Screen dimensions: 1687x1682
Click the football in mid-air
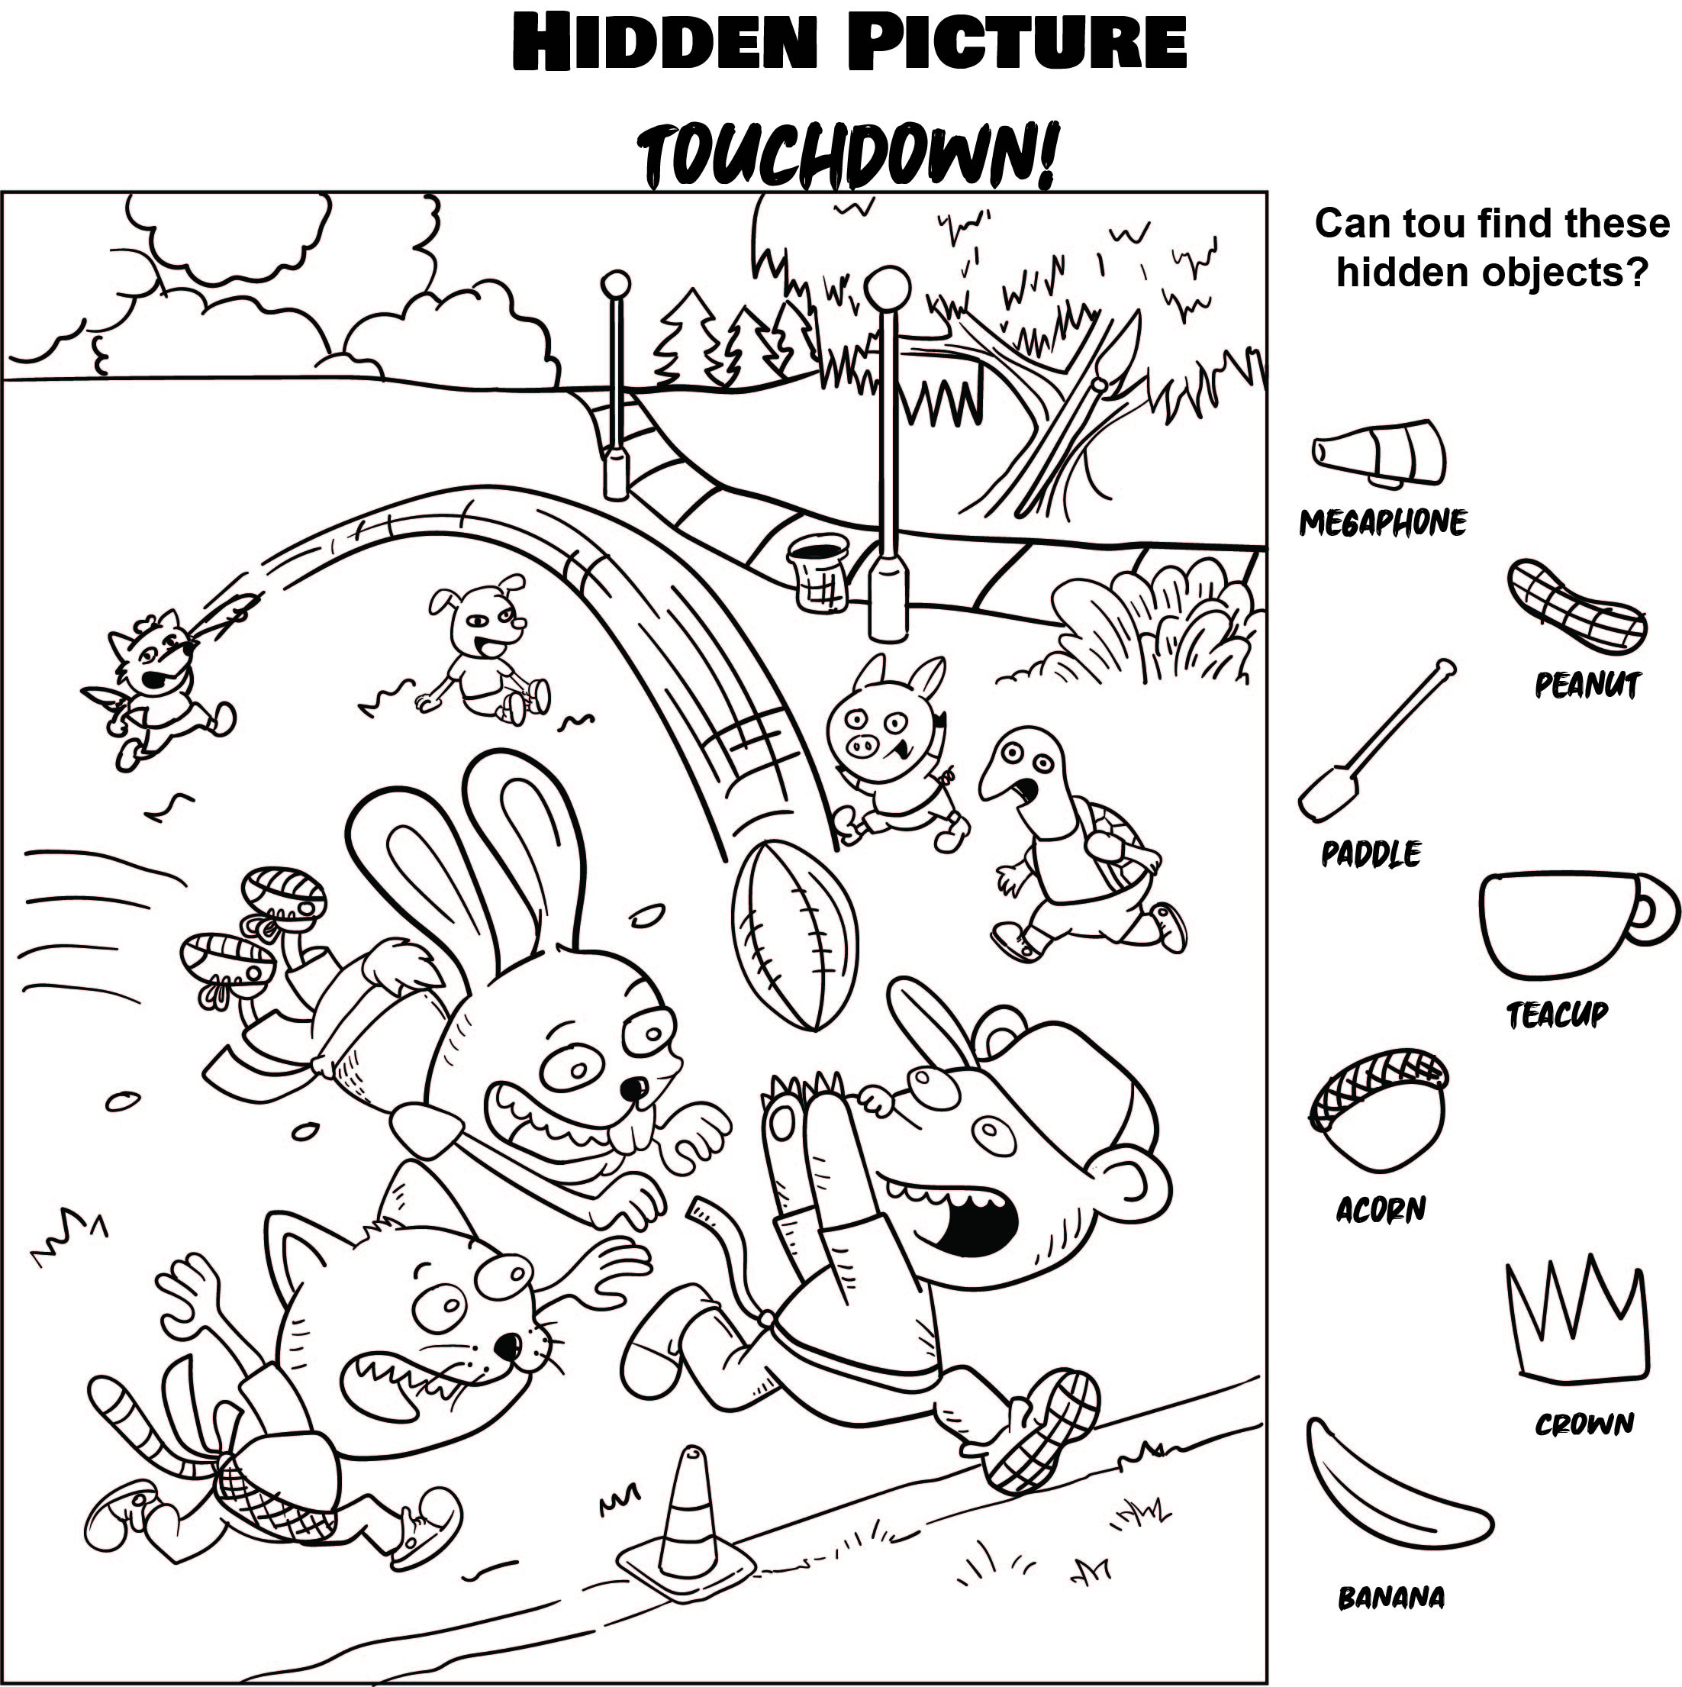pyautogui.click(x=794, y=935)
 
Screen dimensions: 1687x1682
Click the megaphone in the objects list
pyautogui.click(x=1380, y=455)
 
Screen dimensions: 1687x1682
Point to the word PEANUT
pyautogui.click(x=1587, y=685)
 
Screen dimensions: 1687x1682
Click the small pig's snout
pyautogui.click(x=863, y=746)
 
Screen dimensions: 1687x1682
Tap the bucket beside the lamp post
pyautogui.click(x=819, y=571)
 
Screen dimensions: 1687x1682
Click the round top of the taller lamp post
pyautogui.click(x=888, y=285)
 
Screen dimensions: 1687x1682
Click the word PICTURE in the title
pyautogui.click(x=1017, y=44)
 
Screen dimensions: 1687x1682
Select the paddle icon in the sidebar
pyautogui.click(x=1371, y=741)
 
